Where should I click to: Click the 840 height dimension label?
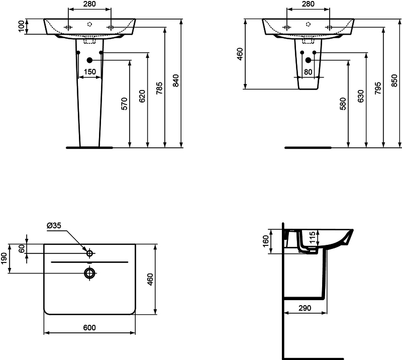pos(175,80)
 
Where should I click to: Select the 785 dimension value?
pos(159,88)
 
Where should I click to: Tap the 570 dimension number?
pos(124,104)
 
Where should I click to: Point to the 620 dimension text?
pos(142,96)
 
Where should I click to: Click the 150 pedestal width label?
pos(90,71)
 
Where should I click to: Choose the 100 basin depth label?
pos(22,26)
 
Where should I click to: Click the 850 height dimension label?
pos(394,80)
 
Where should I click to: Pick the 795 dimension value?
pos(378,88)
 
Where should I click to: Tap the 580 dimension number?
pos(343,104)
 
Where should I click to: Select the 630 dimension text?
pos(360,96)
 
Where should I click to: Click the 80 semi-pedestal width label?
pos(308,72)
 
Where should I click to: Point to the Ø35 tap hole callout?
pos(54,226)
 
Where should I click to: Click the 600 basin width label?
pos(89,328)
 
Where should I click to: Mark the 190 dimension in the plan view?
pos(4,258)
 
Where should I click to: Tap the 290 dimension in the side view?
pos(305,308)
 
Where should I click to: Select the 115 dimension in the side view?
pos(312,238)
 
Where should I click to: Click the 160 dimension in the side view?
pos(266,241)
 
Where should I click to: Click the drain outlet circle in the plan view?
pos(89,274)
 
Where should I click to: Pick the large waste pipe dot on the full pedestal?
pos(89,60)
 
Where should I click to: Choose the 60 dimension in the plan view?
pos(22,249)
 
